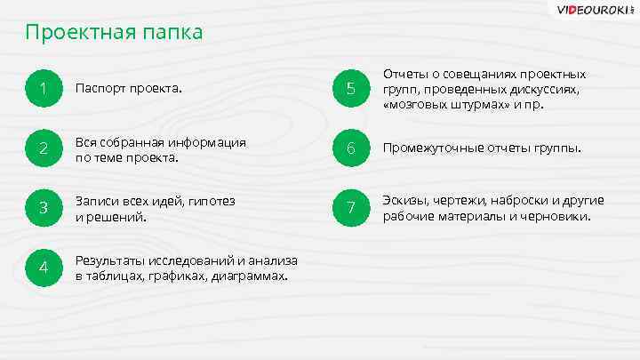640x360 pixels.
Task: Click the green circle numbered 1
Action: click(44, 89)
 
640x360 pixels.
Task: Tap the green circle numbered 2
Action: click(44, 148)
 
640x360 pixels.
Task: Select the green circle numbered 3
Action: click(44, 208)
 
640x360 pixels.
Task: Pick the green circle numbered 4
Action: click(44, 268)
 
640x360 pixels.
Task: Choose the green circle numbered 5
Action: click(351, 89)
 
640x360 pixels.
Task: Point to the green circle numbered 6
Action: click(351, 148)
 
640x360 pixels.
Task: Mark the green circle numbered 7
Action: click(351, 207)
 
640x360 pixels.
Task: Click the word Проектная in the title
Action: click(78, 33)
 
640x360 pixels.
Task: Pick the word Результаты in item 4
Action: click(109, 260)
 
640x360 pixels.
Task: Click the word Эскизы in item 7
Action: click(403, 200)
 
